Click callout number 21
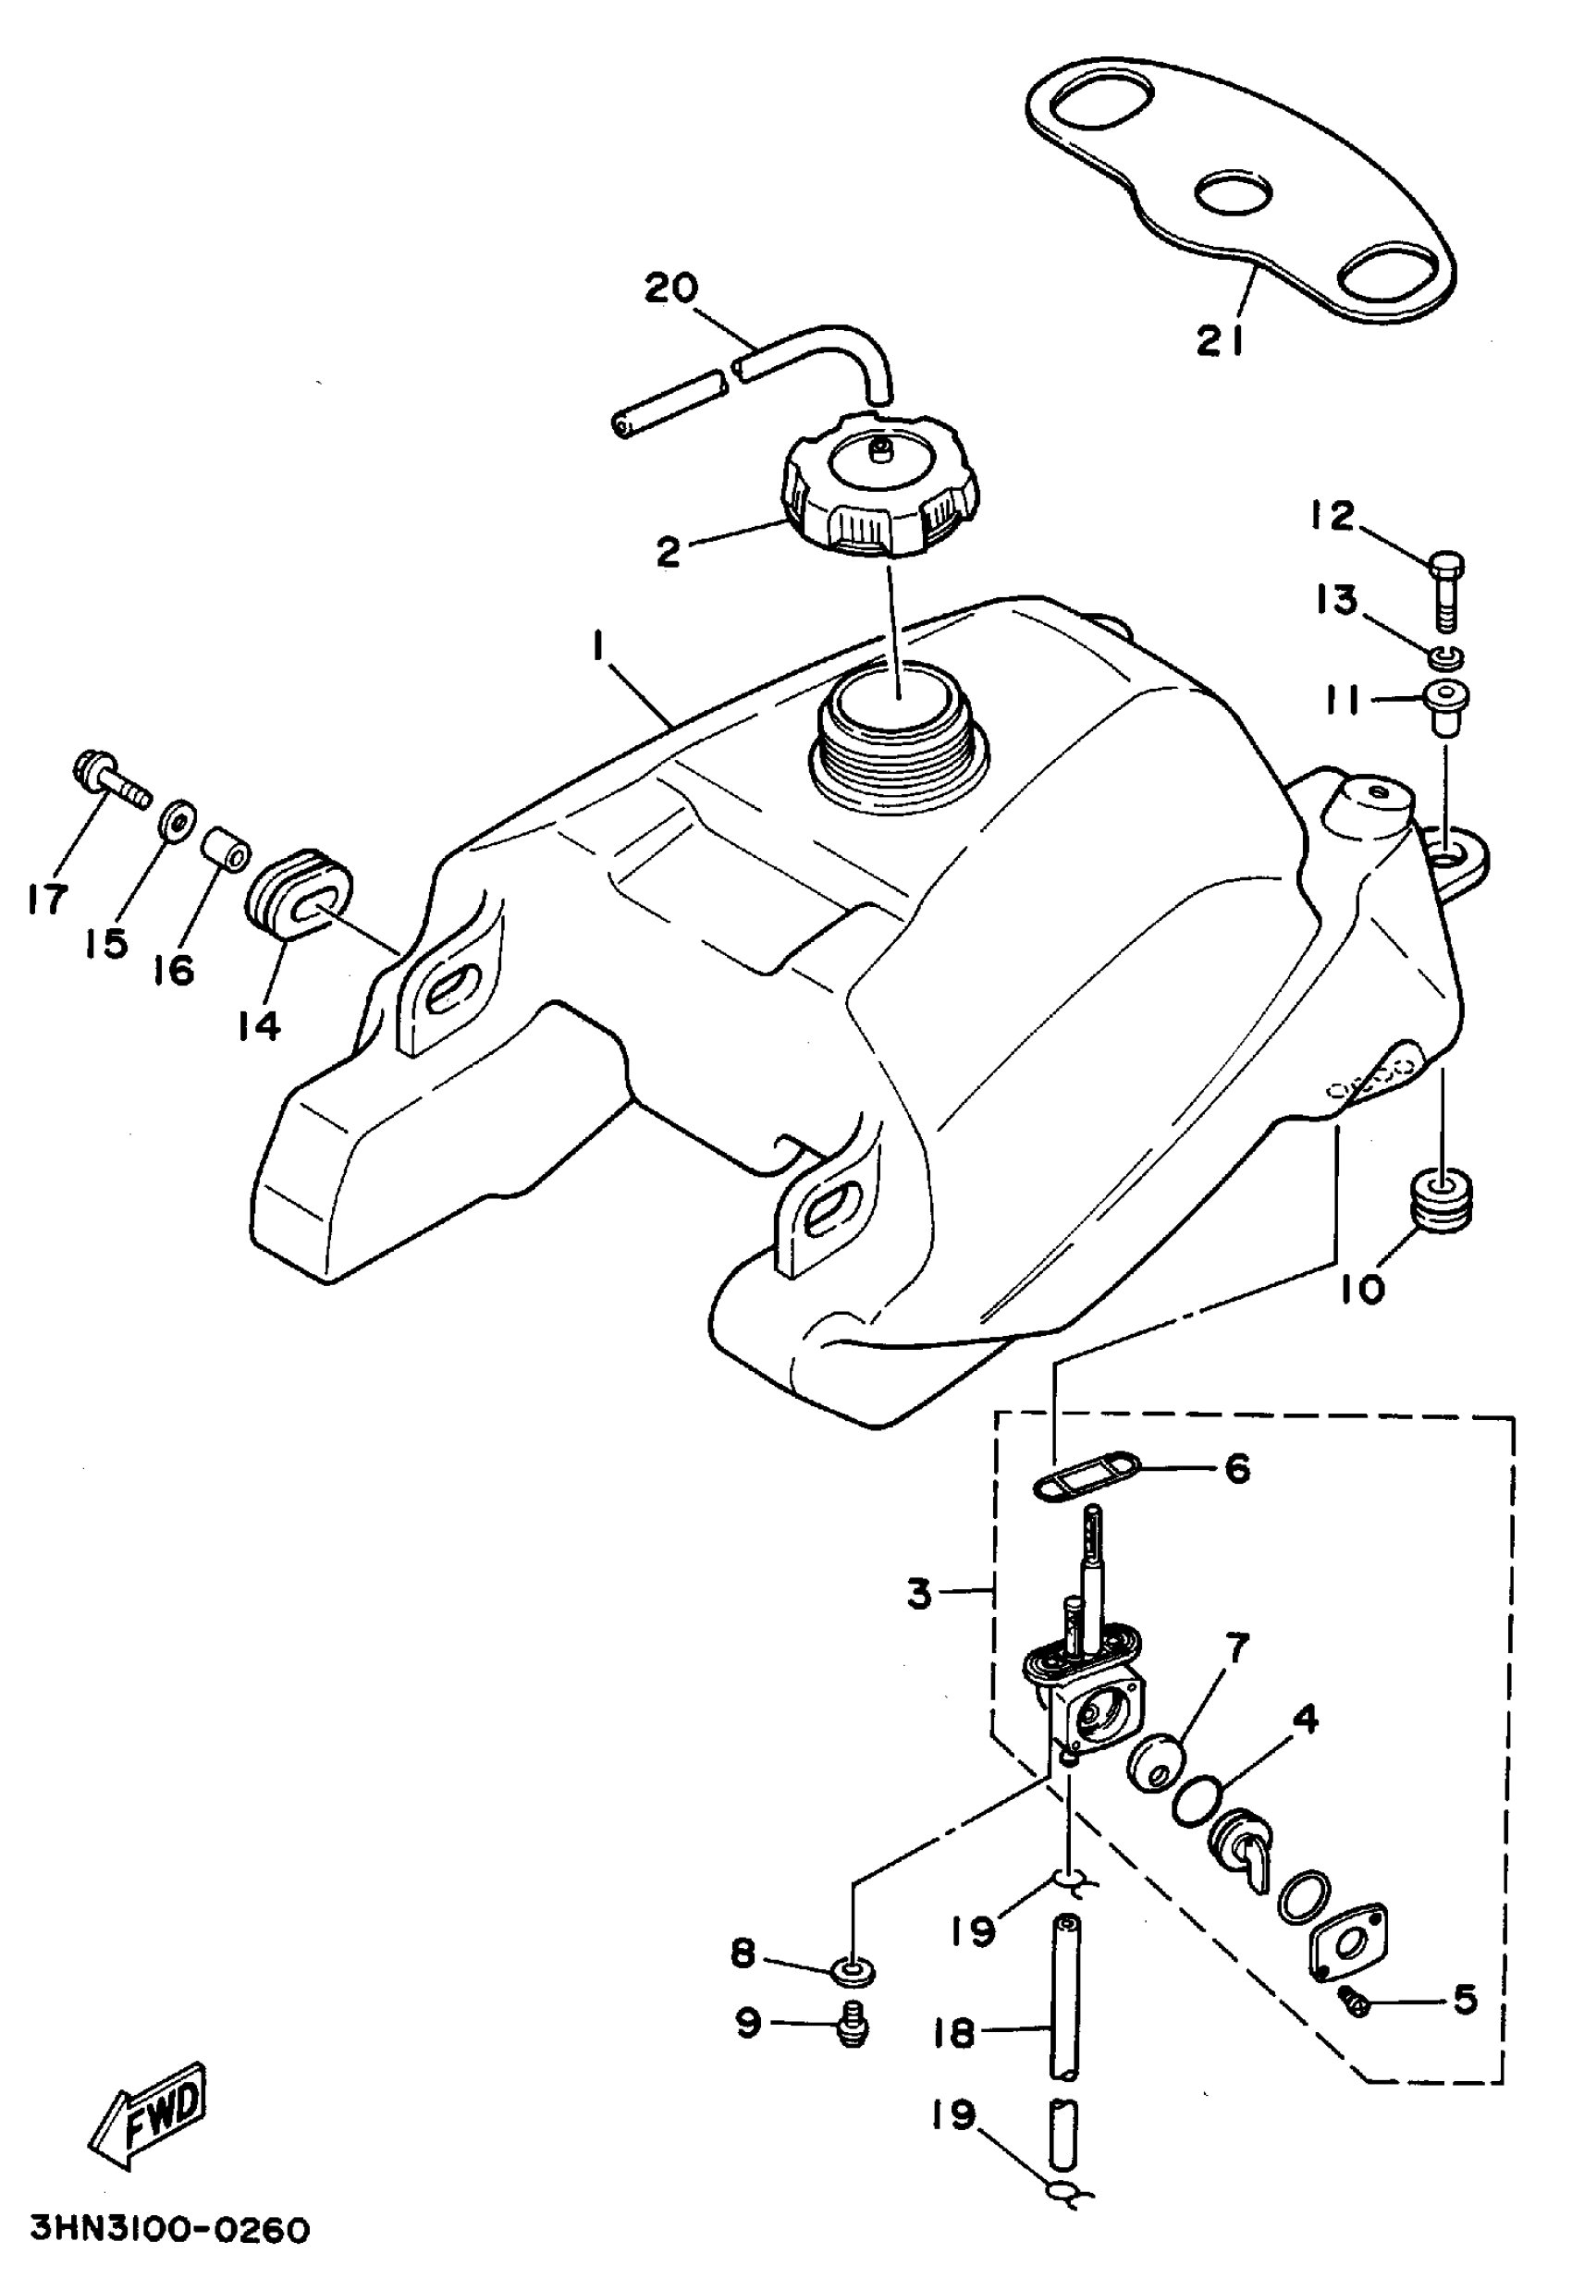coord(1222,340)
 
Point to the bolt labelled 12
coord(1445,588)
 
